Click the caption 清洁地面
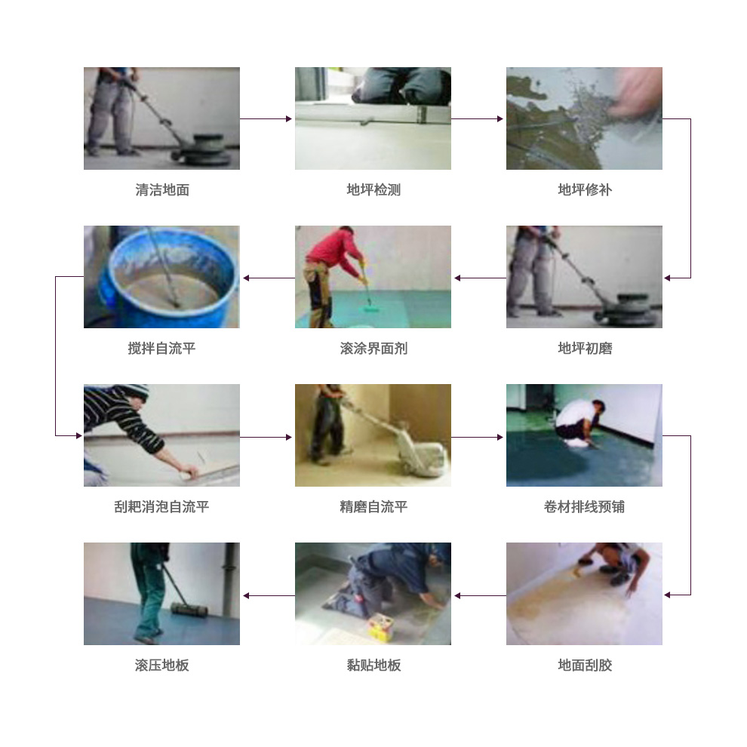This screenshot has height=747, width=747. coord(162,189)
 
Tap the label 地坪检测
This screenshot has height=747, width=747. coord(373,189)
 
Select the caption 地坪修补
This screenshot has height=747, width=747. coord(585,189)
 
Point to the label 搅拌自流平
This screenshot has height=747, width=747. coord(162,349)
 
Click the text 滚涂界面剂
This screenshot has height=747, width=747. coord(373,349)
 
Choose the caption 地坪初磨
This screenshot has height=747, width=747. coord(585,349)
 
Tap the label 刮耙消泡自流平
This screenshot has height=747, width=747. coord(162,506)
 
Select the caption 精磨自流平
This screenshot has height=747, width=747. coord(373,506)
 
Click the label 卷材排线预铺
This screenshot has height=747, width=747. coord(585,506)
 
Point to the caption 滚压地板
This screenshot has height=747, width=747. coord(162,665)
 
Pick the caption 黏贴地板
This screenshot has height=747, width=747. coord(373,665)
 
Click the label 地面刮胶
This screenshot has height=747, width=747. coord(585,665)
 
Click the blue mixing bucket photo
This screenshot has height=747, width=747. coord(162,277)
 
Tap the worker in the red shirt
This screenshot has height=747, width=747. coord(334,276)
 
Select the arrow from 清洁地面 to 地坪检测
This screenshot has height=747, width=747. coord(266,118)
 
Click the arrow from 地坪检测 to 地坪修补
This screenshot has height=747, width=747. coord(477,118)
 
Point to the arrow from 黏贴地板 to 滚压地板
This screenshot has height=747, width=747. coord(269,595)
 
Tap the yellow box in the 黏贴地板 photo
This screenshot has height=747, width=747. coord(380,627)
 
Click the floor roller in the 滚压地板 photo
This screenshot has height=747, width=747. coord(189,610)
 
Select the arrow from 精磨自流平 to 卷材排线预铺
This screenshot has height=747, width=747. coord(477,437)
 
